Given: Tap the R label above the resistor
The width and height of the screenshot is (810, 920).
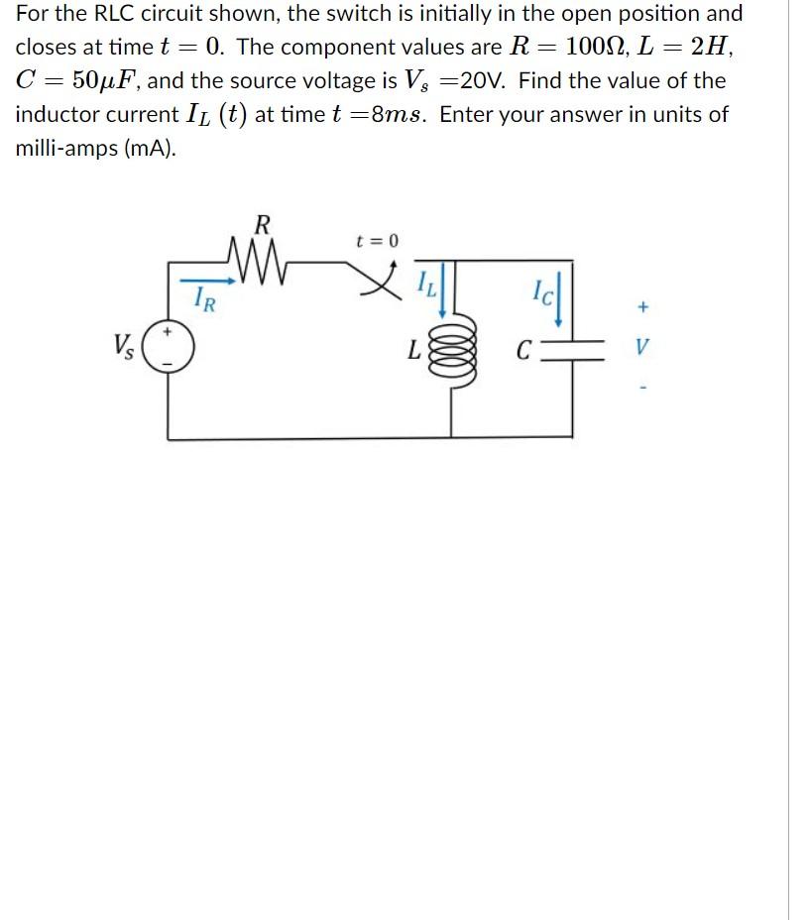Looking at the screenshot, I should [262, 224].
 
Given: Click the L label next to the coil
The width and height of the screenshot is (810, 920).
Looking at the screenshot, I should [415, 351].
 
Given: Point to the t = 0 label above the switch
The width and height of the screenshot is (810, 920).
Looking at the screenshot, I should [377, 241].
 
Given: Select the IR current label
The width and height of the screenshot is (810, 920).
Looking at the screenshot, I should [202, 296].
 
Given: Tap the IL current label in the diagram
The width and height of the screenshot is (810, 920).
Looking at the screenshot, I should [423, 287].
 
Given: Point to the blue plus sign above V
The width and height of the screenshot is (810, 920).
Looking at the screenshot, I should [643, 307].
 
